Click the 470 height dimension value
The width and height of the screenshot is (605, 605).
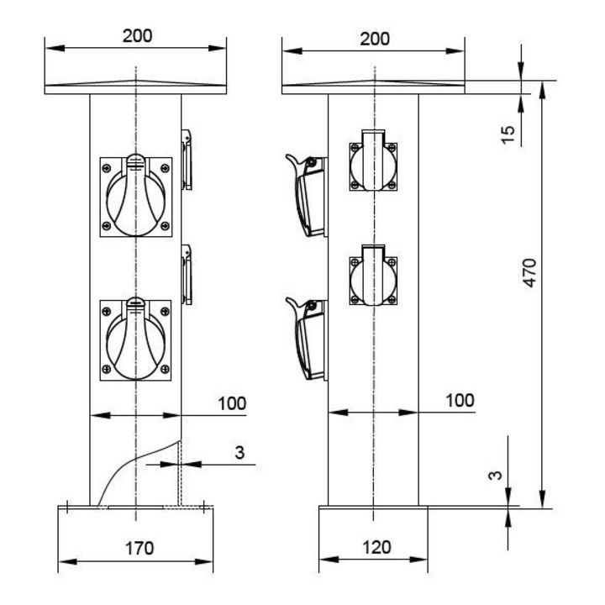[x=530, y=273]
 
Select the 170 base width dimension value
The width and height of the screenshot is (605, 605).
[x=139, y=548]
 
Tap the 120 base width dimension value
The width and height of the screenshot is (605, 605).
[x=376, y=547]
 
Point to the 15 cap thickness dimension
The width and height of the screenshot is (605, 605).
[x=508, y=134]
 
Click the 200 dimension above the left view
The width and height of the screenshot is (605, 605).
[x=137, y=36]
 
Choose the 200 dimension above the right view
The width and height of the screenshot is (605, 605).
[x=375, y=39]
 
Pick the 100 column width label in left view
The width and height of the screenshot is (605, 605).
[x=232, y=403]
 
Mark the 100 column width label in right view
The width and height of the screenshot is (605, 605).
[x=460, y=401]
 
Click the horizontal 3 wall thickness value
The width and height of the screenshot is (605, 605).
[x=239, y=452]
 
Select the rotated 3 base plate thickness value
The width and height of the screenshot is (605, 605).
[x=495, y=475]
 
